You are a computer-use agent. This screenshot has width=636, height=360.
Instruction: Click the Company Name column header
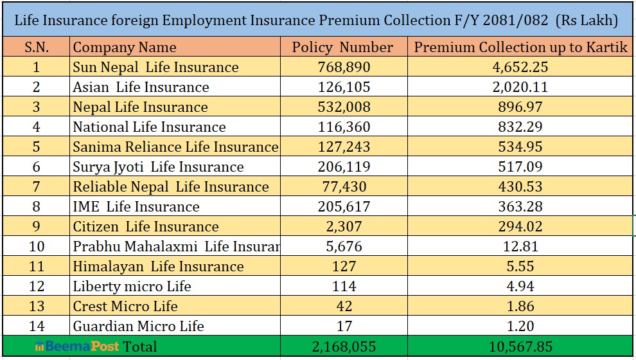tap(125, 48)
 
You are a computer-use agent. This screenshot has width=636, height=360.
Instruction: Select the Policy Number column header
tap(342, 48)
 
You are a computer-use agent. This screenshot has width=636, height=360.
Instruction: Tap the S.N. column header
tap(36, 48)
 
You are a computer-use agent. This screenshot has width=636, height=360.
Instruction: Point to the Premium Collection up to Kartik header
tap(520, 48)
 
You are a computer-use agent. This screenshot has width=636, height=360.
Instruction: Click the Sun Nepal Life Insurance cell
tap(155, 67)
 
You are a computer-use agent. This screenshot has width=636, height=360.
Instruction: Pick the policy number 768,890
tap(344, 67)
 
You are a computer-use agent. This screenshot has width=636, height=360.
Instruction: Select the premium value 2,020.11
tap(520, 87)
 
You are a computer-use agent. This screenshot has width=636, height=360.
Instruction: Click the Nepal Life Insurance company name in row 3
tap(140, 107)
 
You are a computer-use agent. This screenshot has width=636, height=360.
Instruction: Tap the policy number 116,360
tap(344, 127)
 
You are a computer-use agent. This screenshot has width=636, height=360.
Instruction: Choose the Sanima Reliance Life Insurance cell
tap(175, 147)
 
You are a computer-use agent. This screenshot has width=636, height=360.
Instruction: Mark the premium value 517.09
tap(520, 167)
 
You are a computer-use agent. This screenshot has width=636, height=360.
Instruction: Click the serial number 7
tap(36, 187)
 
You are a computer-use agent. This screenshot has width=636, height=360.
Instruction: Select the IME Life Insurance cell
tap(136, 207)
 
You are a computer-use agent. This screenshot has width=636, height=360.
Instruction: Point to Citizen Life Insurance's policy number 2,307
tap(344, 227)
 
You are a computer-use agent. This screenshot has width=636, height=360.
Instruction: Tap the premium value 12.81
tap(520, 247)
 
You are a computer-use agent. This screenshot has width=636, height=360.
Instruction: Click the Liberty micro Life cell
tap(132, 287)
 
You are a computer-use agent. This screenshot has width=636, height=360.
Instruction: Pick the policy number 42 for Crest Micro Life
tap(344, 307)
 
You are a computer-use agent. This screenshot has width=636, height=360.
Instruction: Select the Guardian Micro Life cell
tap(138, 327)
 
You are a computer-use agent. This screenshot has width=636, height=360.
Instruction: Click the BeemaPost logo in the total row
tap(77, 346)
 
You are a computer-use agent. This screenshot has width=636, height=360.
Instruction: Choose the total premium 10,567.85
tap(520, 346)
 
